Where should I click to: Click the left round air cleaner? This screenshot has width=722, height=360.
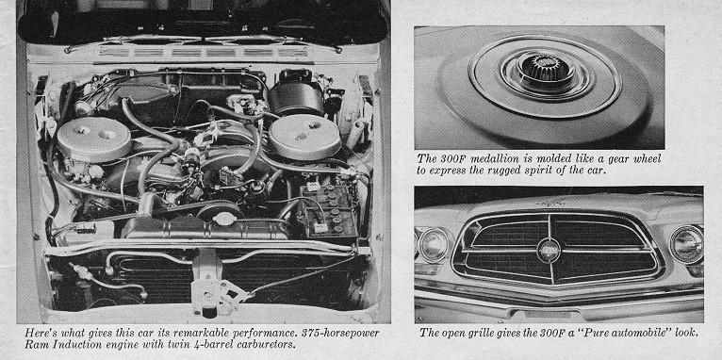click(x=94, y=139)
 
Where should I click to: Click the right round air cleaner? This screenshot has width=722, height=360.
click(x=304, y=137)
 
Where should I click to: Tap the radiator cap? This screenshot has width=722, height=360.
click(x=225, y=218)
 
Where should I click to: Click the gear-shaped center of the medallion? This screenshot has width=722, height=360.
click(x=543, y=70)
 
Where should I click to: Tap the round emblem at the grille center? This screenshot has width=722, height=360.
click(x=550, y=251)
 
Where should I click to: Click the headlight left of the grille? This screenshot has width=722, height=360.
click(x=435, y=244)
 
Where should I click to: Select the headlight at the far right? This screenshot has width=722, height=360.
click(x=686, y=244)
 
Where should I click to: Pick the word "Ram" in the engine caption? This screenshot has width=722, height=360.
click(x=36, y=344)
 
